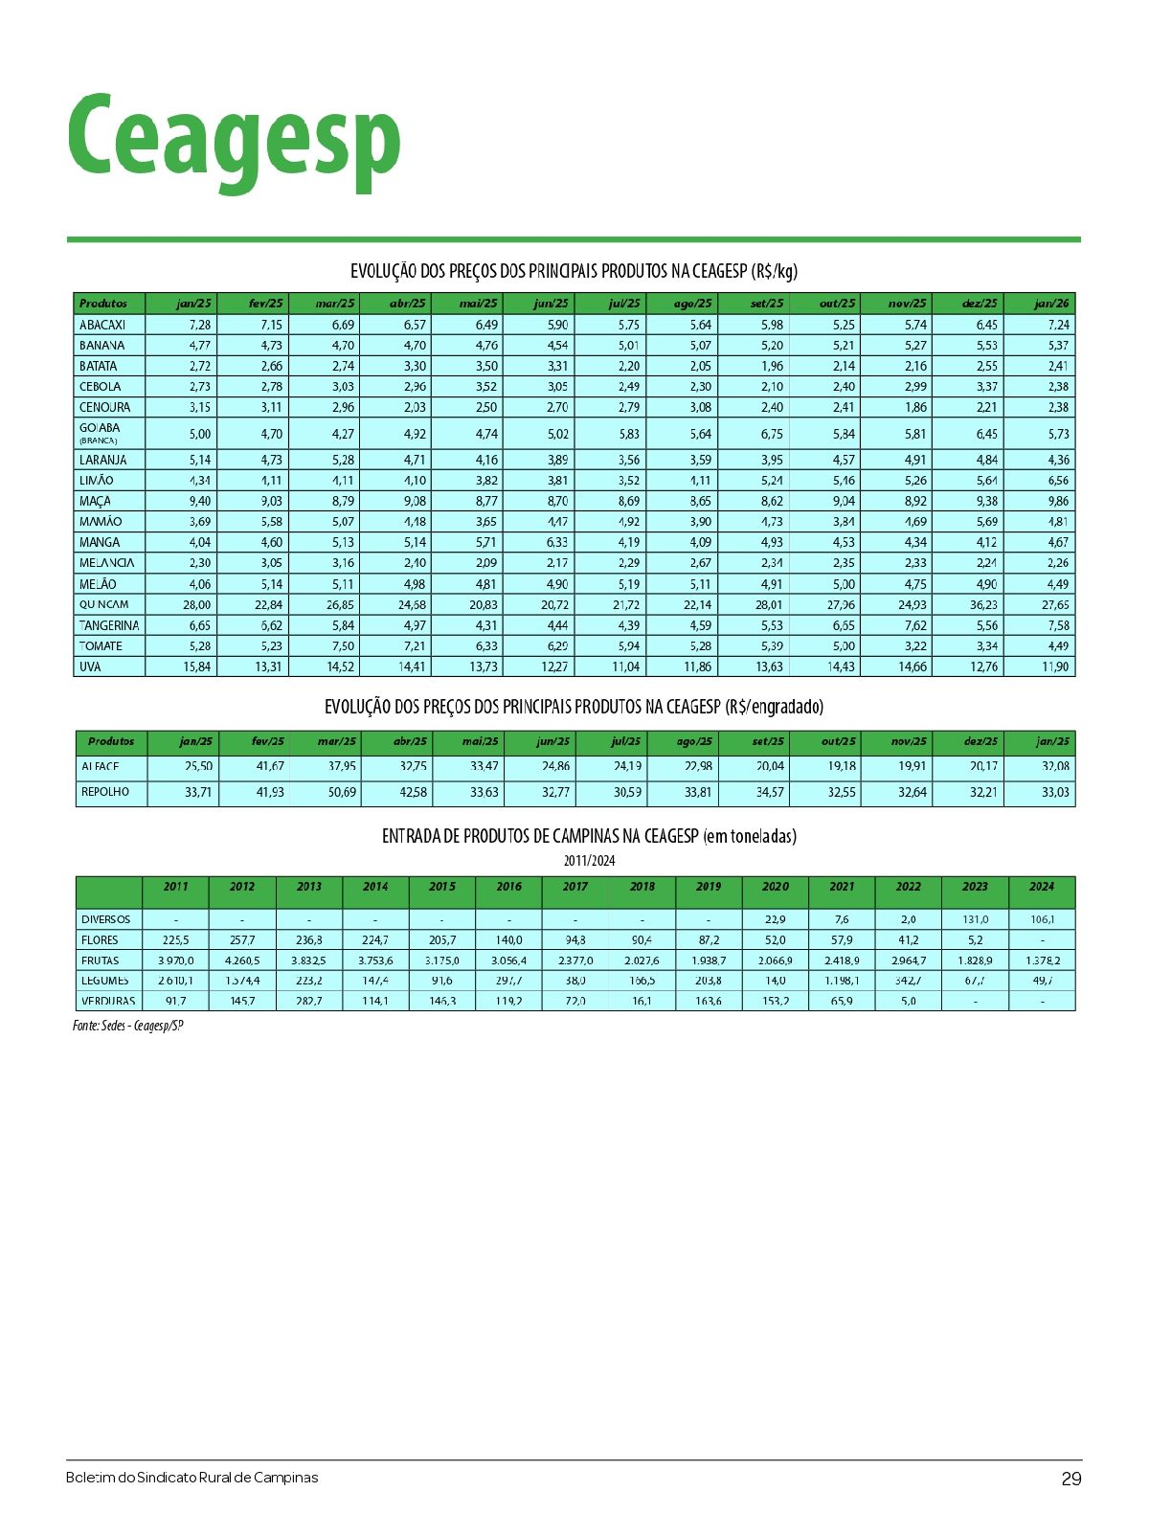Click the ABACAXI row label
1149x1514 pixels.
click(x=102, y=325)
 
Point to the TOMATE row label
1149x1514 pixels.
click(x=101, y=645)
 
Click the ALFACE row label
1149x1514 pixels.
click(x=101, y=766)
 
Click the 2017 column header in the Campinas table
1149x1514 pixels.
click(x=575, y=887)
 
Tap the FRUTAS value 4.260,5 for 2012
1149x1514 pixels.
click(x=242, y=960)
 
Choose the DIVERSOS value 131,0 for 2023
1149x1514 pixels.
click(x=975, y=919)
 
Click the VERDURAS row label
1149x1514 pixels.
click(x=108, y=1001)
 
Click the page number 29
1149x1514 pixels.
click(x=1070, y=1479)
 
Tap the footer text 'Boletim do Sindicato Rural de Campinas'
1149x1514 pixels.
click(x=191, y=1478)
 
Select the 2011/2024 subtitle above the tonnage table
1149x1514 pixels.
click(x=589, y=860)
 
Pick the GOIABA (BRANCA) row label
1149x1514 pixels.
click(x=101, y=433)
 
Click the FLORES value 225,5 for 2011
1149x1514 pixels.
click(x=176, y=939)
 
